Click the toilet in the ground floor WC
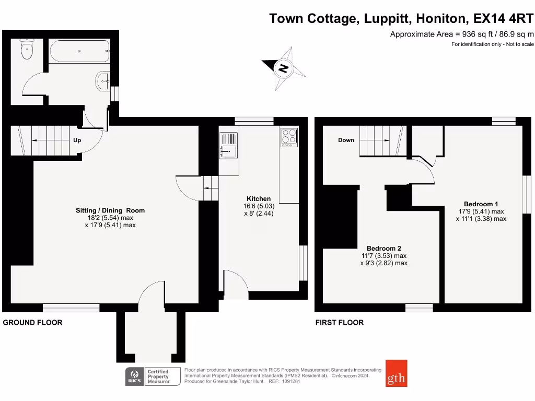[x=26, y=50]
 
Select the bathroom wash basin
[x=102, y=81]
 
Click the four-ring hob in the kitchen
[x=289, y=136]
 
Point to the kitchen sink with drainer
[x=229, y=146]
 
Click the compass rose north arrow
[x=284, y=68]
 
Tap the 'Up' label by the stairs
[x=77, y=140]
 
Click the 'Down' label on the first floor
[x=346, y=140]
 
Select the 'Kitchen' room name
[x=259, y=198]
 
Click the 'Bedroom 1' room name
[x=481, y=204]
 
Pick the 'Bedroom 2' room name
[x=383, y=248]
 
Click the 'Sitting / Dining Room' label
[x=110, y=210]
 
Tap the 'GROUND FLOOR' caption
[x=32, y=323]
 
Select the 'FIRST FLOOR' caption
[x=339, y=323]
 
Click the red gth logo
[x=397, y=374]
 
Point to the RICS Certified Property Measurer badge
[x=152, y=376]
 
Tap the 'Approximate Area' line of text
[x=462, y=34]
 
